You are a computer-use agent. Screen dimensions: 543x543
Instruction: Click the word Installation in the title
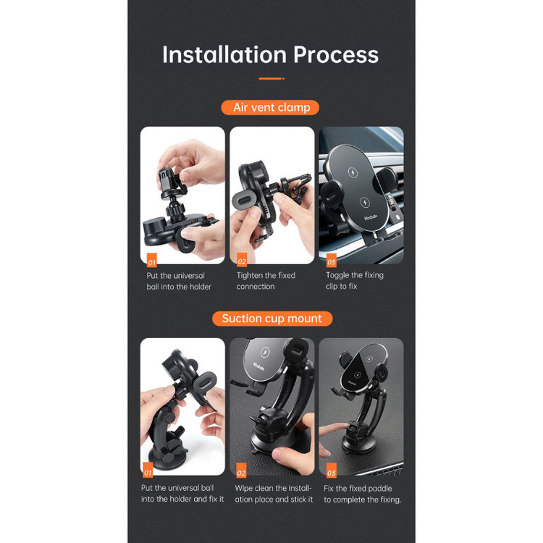(x=224, y=55)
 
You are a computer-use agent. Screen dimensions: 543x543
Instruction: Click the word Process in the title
(x=336, y=55)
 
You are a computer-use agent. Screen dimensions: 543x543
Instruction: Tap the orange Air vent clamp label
(x=270, y=107)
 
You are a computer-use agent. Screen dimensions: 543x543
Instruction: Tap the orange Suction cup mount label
(x=272, y=319)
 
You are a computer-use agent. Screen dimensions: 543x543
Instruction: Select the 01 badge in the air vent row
(x=152, y=261)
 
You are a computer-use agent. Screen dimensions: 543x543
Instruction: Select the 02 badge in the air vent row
(x=242, y=260)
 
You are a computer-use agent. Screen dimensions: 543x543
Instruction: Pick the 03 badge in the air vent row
(x=332, y=260)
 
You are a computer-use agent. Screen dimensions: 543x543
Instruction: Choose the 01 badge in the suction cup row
(x=148, y=471)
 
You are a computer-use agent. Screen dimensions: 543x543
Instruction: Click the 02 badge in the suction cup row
(x=241, y=471)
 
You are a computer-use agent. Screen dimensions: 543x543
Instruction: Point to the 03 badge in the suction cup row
(x=332, y=471)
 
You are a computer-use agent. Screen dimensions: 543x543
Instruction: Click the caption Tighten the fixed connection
(x=266, y=281)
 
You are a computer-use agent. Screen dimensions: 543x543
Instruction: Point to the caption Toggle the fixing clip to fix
(x=355, y=280)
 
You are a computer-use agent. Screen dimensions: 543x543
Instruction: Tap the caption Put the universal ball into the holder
(x=179, y=281)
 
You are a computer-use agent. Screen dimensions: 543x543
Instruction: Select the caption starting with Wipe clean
(x=274, y=494)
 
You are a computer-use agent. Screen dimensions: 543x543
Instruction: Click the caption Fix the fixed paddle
(x=363, y=494)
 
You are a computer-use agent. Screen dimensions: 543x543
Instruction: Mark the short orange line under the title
(x=271, y=79)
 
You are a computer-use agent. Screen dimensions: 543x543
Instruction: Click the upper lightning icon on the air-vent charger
(x=353, y=172)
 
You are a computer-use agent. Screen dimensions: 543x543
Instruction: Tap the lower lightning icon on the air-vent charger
(x=364, y=202)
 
